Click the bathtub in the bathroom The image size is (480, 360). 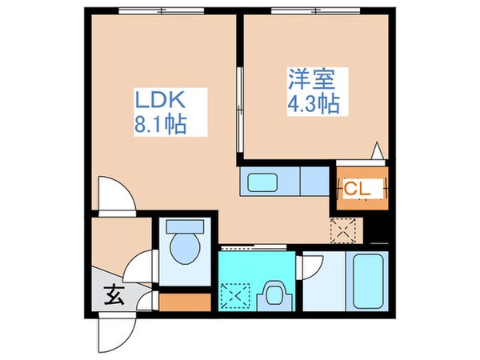coord(368,282)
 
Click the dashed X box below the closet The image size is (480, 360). coord(346,229)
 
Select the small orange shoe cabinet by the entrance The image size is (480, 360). coord(186,302)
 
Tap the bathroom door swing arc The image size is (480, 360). coord(314,267)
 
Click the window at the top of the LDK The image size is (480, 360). coord(161,11)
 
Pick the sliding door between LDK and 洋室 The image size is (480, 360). coord(238,108)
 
